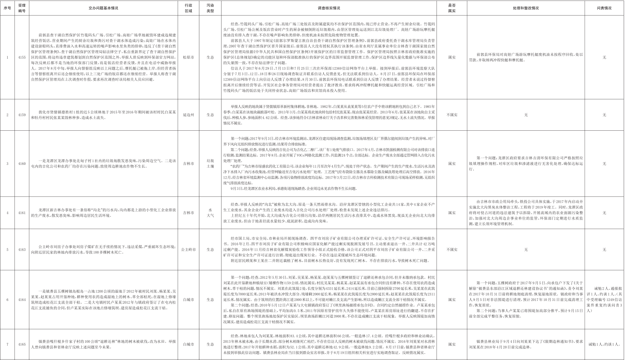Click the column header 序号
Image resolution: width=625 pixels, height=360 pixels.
click(7, 8)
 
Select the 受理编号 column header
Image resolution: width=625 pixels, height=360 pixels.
click(22, 8)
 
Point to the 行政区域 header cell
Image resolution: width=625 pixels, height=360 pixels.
click(188, 8)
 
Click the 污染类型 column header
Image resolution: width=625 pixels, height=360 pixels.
click(210, 8)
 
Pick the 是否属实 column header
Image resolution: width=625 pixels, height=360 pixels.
click(452, 8)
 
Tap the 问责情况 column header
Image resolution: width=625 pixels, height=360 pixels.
click(604, 8)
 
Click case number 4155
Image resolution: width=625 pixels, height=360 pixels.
click(22, 58)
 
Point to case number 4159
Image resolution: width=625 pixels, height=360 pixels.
click(22, 115)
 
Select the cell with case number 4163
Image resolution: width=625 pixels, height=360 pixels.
click(22, 250)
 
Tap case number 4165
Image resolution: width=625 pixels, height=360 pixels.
click(22, 344)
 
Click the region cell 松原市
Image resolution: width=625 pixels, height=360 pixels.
click(188, 58)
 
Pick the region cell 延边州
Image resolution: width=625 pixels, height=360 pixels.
click(188, 115)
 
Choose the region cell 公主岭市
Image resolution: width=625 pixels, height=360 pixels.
click(188, 250)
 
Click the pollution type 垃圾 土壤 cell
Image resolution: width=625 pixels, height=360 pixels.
click(210, 164)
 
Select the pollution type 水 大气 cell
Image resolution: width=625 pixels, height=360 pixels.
click(210, 213)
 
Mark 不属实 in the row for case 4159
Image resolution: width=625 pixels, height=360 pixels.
click(452, 115)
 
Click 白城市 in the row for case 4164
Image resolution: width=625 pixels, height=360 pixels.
click(188, 300)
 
